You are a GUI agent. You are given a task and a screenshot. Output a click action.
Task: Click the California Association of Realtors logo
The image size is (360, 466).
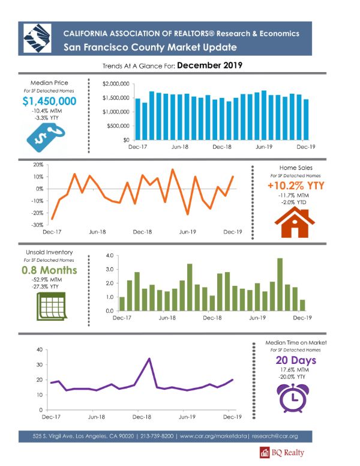click(x=37, y=38)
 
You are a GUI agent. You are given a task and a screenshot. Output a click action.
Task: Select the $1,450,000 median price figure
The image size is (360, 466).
click(x=49, y=101)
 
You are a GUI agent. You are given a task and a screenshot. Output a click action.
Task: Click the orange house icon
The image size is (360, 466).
click(x=295, y=222)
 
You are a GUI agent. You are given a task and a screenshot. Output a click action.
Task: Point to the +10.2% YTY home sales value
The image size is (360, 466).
click(x=296, y=186)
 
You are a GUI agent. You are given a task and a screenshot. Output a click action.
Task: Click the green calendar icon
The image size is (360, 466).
click(x=52, y=306)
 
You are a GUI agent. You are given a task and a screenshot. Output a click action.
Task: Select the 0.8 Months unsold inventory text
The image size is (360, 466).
click(x=49, y=270)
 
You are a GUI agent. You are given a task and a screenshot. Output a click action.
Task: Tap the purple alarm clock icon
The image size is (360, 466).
click(x=293, y=398)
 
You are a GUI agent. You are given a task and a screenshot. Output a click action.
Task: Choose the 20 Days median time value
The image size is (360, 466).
click(x=296, y=360)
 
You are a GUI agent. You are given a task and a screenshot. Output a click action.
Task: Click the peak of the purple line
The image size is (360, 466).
click(x=149, y=359)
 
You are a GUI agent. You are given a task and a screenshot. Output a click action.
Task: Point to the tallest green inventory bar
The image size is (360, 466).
click(x=280, y=285)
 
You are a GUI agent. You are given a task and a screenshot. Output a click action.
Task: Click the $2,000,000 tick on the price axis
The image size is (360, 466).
click(x=116, y=84)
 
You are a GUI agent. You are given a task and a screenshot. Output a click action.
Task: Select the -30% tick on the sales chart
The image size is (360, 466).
click(x=37, y=225)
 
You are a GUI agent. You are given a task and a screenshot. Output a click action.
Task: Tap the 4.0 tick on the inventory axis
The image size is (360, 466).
click(x=110, y=256)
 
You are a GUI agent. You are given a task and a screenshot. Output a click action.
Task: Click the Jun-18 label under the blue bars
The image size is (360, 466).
click(x=180, y=147)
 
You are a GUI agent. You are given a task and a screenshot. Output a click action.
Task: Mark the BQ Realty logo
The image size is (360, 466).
click(x=282, y=453)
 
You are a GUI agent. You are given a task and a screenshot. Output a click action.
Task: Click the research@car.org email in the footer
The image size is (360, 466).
click(x=275, y=437)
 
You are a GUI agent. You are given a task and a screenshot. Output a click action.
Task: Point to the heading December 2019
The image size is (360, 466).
click(x=210, y=65)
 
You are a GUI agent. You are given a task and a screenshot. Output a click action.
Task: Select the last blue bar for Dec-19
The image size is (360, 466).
click(x=306, y=120)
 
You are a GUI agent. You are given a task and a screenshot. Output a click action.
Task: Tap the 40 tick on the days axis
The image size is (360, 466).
click(x=40, y=349)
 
